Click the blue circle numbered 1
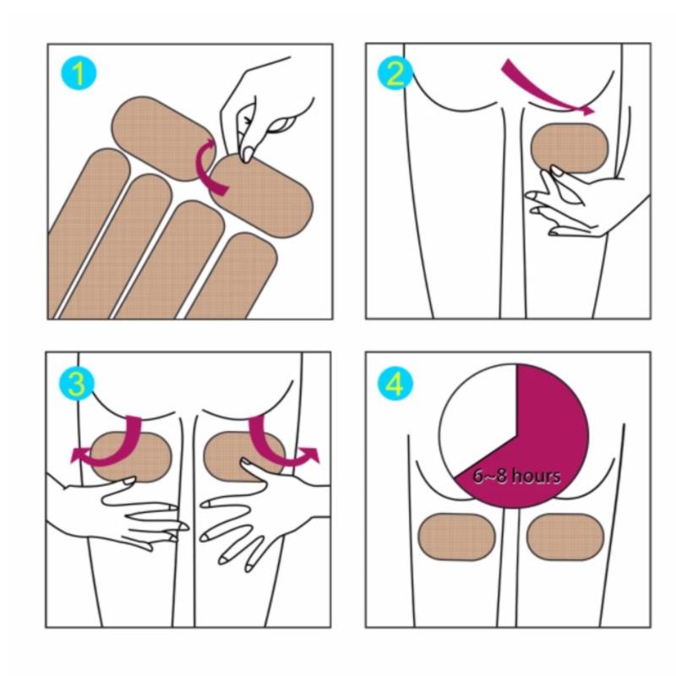pos(79,74)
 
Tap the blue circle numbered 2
pos(395,73)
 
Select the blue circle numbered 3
pos(77,383)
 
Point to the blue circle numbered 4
pos(395,383)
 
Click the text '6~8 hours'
pos(517,476)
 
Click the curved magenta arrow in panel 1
pos(207,166)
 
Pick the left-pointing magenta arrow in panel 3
pos(113,449)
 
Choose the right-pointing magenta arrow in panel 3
pos(276,449)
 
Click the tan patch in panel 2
pos(569,149)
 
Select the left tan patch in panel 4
pos(457,537)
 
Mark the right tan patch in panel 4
pos(565,537)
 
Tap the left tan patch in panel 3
pos(131,456)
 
